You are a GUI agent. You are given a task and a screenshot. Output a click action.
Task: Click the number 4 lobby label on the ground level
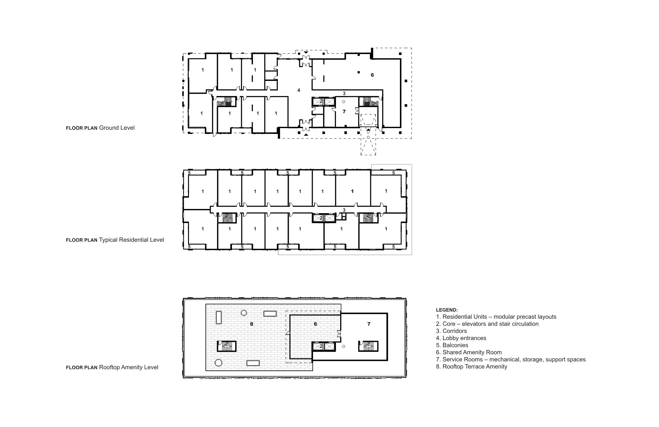299,90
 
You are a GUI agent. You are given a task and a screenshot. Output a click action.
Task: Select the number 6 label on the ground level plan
372,75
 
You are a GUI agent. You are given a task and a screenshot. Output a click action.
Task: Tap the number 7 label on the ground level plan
344,112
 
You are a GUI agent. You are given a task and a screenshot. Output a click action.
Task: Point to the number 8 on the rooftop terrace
252,324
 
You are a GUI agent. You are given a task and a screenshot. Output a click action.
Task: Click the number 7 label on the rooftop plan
369,324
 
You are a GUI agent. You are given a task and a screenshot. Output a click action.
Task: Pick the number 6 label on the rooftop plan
315,324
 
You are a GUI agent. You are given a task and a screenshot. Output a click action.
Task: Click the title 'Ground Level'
117,128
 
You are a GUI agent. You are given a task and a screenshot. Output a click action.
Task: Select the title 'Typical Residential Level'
131,240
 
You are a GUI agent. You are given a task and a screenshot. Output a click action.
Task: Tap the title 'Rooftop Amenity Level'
129,367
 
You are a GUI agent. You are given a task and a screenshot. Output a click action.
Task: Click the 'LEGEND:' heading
447,310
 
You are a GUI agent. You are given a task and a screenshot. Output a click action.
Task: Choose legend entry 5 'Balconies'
452,345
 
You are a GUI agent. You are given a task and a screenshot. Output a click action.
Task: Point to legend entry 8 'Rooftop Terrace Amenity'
472,367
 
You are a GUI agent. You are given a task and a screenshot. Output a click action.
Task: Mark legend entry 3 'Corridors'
451,331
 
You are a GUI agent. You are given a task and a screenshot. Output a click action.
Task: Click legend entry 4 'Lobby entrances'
461,338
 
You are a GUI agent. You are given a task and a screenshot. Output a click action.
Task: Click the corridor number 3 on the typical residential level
344,210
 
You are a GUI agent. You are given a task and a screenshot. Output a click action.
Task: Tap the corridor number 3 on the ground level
344,93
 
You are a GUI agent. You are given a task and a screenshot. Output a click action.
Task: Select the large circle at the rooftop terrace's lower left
219,363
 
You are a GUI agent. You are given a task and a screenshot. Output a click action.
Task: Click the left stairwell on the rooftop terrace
226,346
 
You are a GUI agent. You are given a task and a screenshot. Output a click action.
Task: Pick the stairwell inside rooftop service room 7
368,346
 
